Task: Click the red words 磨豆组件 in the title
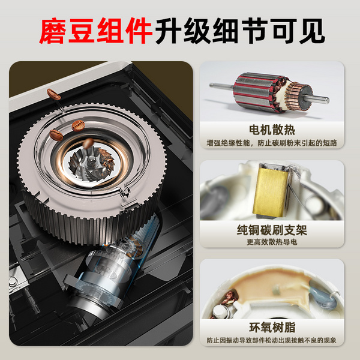(95, 31)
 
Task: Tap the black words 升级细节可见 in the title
(240, 31)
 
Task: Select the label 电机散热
(272, 130)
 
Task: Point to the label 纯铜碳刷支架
(272, 230)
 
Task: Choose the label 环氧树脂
(272, 328)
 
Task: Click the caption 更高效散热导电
(272, 242)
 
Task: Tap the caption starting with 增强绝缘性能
(272, 143)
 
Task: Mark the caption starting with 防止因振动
(272, 340)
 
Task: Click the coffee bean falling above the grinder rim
(54, 94)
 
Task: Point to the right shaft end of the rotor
(326, 100)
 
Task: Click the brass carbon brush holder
(271, 191)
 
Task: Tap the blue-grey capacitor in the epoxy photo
(322, 296)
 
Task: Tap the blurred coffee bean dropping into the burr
(88, 143)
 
